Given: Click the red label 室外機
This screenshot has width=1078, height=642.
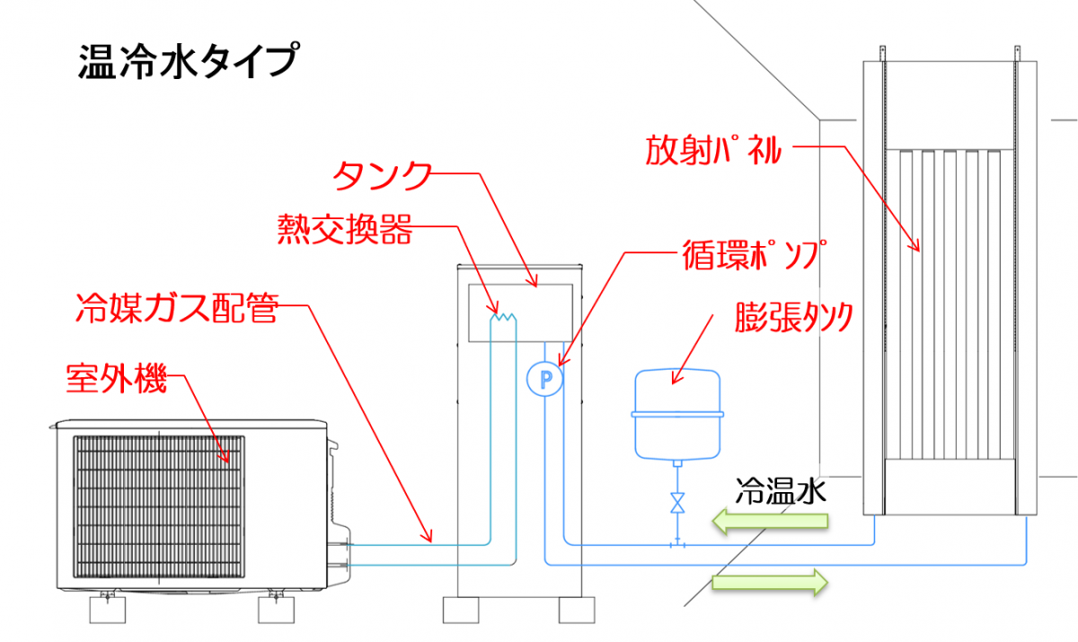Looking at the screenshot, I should pos(117,379).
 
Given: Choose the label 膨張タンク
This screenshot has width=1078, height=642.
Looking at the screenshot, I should pos(792,316).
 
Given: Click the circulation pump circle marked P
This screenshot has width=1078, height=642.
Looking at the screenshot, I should pos(544,379).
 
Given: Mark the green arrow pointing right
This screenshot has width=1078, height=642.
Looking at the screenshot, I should pos(769,581).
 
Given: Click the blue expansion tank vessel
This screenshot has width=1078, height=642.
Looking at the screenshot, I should pos(678,413).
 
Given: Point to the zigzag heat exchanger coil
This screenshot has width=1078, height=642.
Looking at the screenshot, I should pos(503,314).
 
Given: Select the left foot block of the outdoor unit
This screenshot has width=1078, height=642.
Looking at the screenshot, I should pos(109,610).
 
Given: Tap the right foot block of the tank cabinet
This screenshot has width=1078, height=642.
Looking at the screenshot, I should pos(575,611).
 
